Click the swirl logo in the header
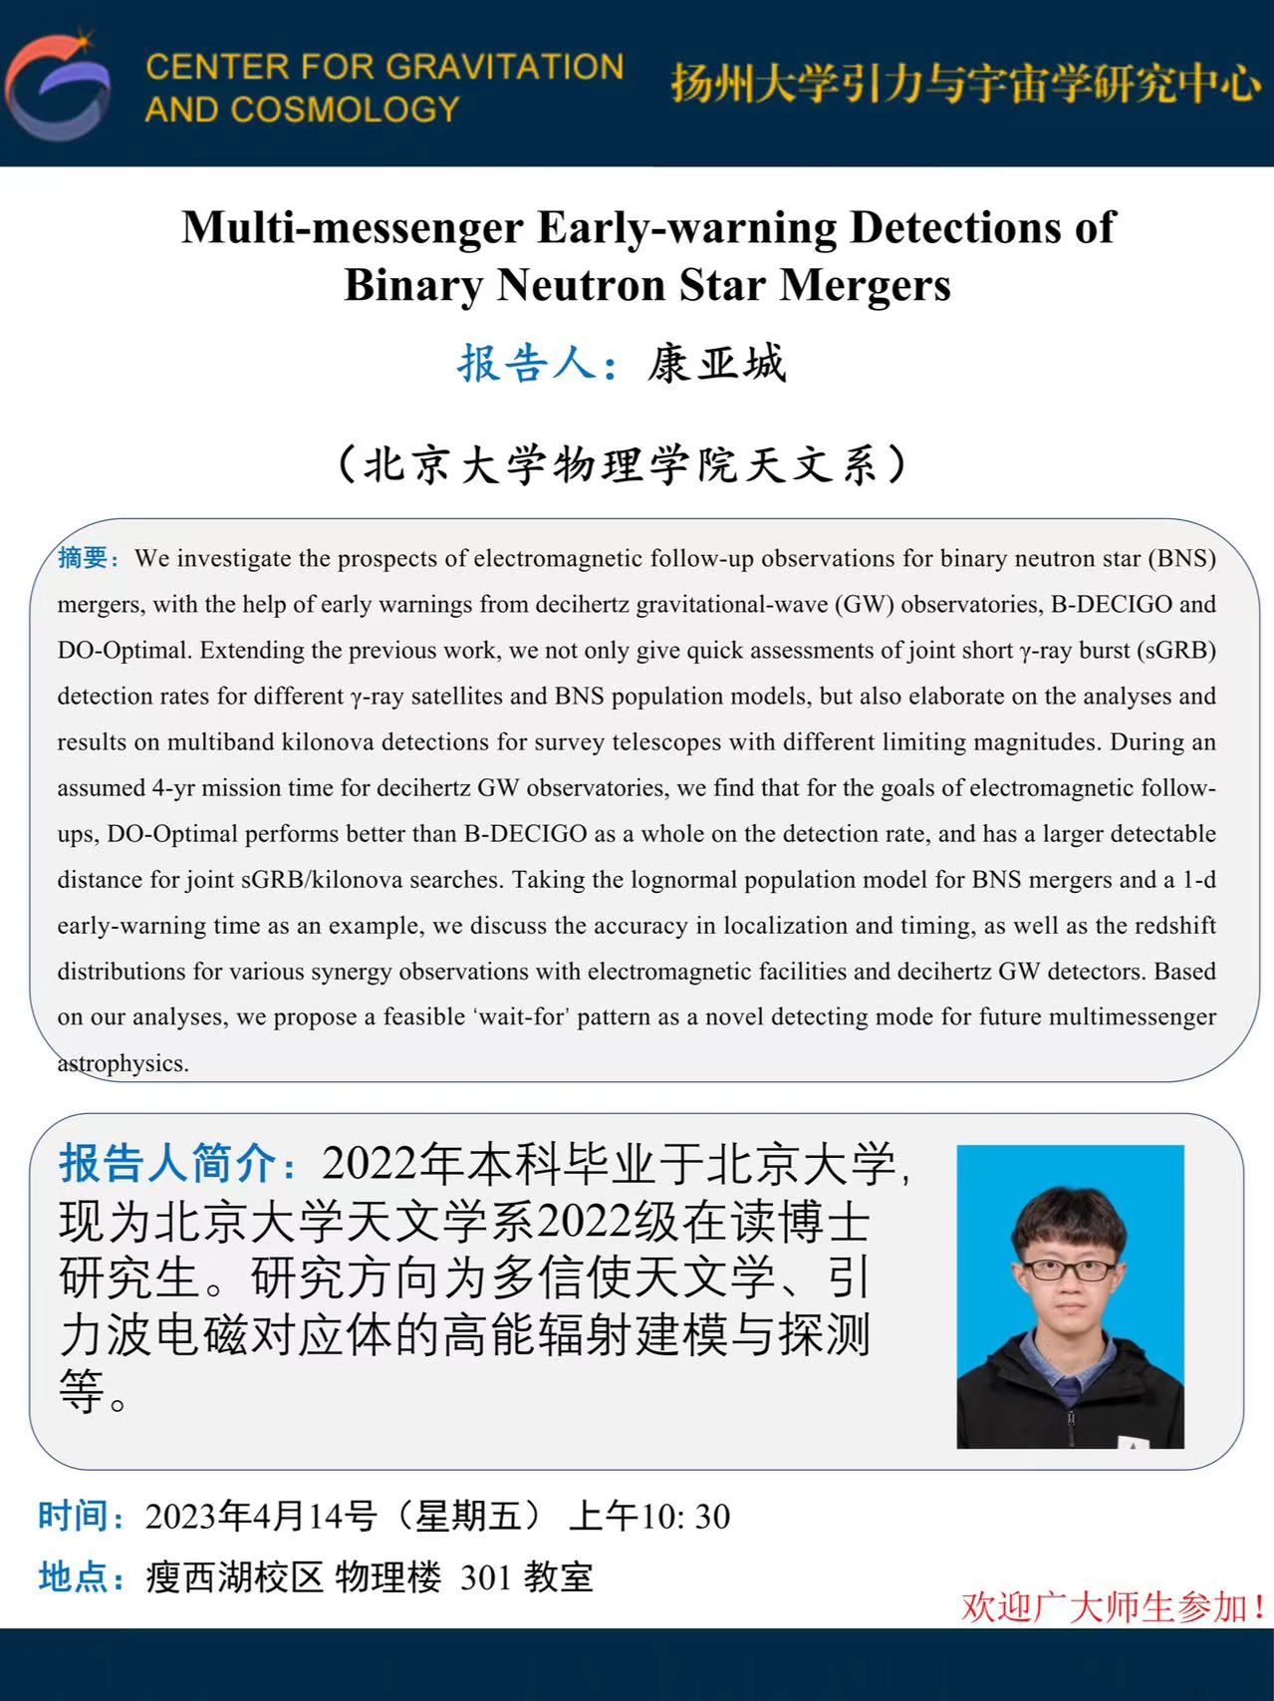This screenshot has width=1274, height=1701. coord(58,86)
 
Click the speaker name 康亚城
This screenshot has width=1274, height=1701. coord(716,364)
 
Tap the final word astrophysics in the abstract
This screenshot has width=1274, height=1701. coord(123,1063)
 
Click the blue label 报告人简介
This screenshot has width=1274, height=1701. coord(167,1163)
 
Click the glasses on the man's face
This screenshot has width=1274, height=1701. coord(1068,1270)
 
